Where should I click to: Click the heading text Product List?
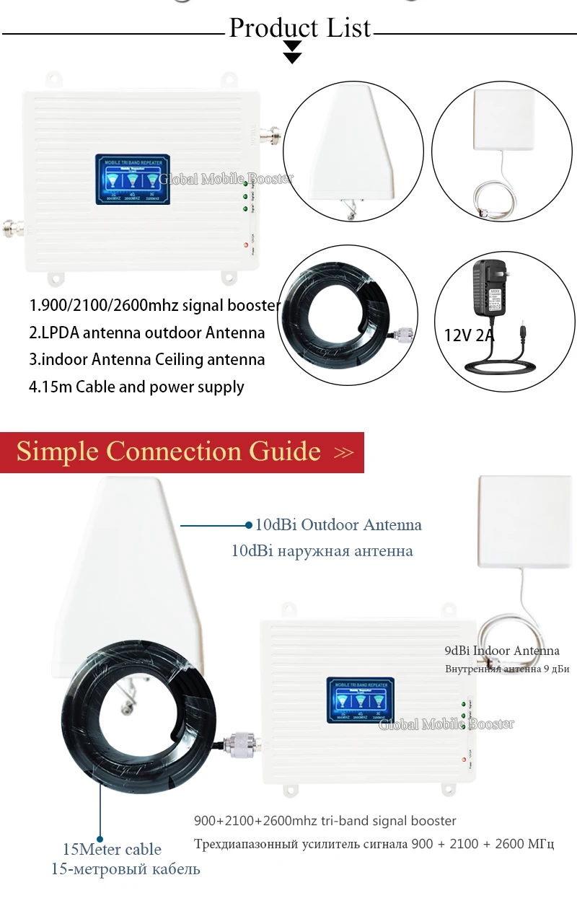coord(299,28)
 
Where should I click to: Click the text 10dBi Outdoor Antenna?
coord(338,524)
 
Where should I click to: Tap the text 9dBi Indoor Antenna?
coord(502,651)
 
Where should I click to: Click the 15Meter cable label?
coord(111,849)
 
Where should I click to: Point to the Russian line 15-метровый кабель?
coord(125,868)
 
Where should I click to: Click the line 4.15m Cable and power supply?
coord(136,387)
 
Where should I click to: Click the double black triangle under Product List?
coord(292,51)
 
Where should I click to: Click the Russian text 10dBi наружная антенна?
coord(322,550)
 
